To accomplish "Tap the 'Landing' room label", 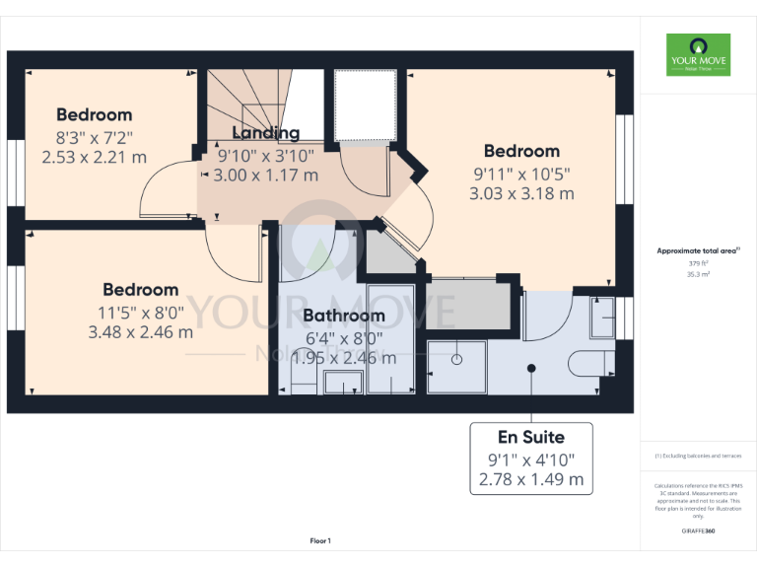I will (265, 133).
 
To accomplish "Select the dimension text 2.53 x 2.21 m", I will (95, 156).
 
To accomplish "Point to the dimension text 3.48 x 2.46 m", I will (141, 331).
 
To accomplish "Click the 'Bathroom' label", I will (343, 316).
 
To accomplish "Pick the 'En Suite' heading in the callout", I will (531, 436).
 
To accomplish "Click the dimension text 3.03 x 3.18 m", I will (521, 193).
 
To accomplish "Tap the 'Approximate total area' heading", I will (697, 251).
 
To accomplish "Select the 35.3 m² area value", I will (697, 275).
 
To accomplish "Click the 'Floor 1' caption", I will (320, 540).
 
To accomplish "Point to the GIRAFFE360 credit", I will (698, 531).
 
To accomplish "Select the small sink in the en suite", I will (600, 317).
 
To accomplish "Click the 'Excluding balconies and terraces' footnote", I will (698, 456).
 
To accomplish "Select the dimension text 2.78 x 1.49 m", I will (531, 481).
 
